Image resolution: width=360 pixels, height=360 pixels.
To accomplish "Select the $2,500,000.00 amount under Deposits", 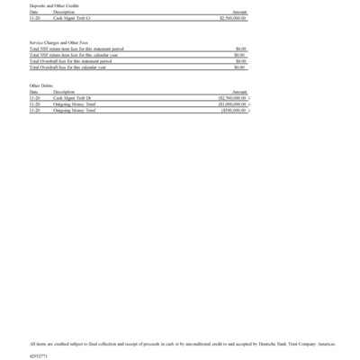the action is (x=233, y=17).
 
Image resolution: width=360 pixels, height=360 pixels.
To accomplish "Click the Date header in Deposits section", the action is (x=33, y=12).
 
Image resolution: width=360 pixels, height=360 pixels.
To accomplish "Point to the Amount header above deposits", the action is (x=239, y=12).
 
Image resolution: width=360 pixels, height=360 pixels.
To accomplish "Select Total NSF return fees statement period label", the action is (x=76, y=49).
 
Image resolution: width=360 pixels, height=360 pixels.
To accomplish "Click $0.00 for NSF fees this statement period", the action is (x=240, y=49).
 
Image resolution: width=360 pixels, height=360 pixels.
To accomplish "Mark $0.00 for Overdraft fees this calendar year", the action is (x=240, y=67).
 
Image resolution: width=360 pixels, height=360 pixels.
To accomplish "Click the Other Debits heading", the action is (x=40, y=85).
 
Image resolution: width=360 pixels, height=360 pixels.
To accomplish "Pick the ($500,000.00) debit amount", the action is (x=234, y=111).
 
